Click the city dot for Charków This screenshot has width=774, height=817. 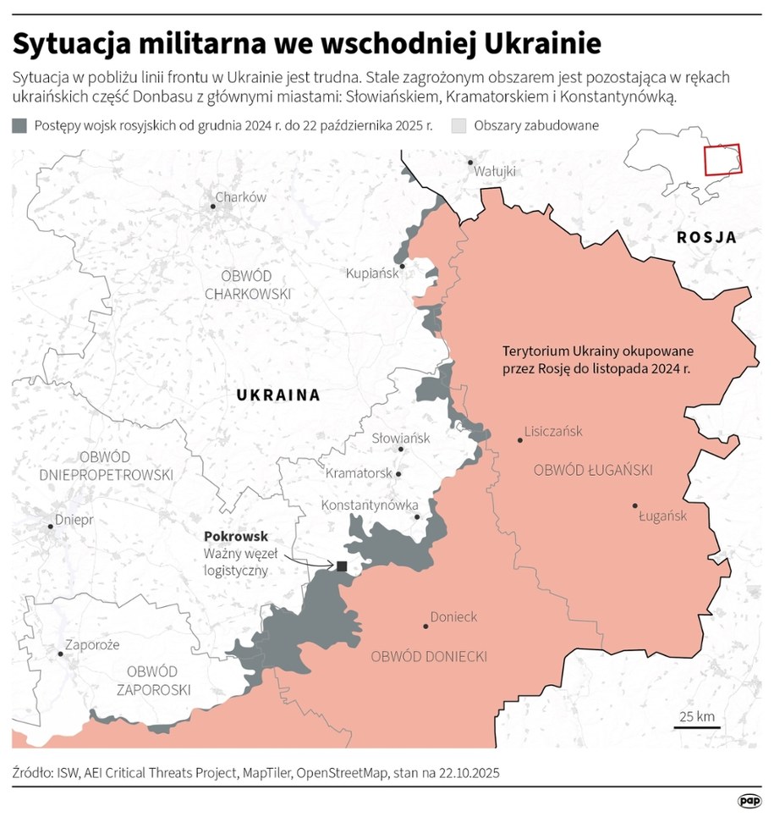pos(212,206)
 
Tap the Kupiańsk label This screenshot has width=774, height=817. pos(371,273)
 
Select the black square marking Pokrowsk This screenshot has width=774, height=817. pos(342,566)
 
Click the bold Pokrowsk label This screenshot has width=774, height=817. pos(236,536)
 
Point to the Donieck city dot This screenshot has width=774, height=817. pos(425,627)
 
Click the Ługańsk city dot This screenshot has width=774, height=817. pos(634,505)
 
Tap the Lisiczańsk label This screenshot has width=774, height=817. pos(554,431)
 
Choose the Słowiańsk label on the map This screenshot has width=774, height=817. pos(401,438)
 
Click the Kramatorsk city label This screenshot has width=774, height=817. pos(358,472)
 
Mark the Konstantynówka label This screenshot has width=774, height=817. pos(370,505)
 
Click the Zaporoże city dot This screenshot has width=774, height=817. pos(60,653)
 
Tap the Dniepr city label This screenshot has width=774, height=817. pos(74,519)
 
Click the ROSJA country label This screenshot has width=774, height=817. pos(706,238)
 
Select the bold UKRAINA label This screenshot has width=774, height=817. pos(278,395)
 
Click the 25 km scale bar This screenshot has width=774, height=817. pos(697,726)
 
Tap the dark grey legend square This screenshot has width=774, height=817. pos(19,126)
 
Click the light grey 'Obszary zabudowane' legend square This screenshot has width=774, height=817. pos(459,126)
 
